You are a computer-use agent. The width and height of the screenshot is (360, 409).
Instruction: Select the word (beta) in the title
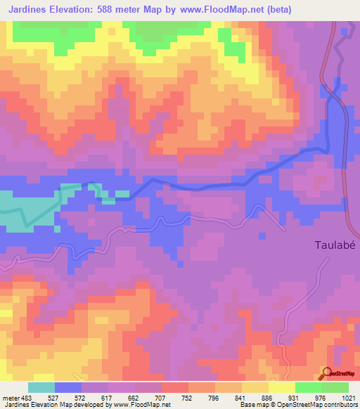pyautogui.click(x=276, y=10)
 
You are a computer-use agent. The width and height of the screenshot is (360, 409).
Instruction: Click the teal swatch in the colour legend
pyautogui.click(x=41, y=388)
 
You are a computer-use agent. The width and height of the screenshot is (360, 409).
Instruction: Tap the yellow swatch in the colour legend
pyautogui.click(x=282, y=388)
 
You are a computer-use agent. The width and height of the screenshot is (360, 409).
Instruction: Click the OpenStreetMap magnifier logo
pyautogui.click(x=327, y=372)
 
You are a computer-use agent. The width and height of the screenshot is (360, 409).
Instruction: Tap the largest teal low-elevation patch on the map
pyautogui.click(x=25, y=209)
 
